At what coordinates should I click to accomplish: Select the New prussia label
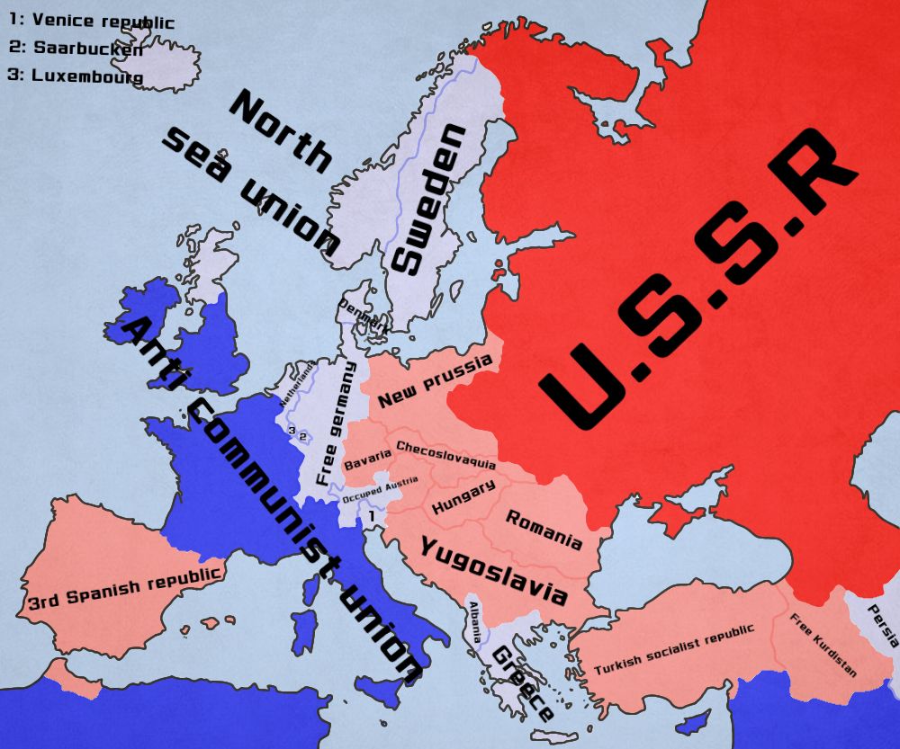click(436, 381)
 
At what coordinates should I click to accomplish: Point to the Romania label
click(544, 530)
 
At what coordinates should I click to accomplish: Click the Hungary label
click(463, 498)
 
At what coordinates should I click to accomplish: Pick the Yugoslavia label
click(494, 570)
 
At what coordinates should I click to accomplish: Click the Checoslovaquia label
click(445, 455)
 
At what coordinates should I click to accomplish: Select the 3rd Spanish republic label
click(125, 586)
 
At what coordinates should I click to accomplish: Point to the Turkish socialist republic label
click(674, 649)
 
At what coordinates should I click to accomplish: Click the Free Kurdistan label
click(823, 645)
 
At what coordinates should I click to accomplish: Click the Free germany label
click(333, 422)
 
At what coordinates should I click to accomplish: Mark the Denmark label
click(364, 316)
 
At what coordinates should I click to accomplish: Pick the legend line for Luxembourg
click(76, 76)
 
